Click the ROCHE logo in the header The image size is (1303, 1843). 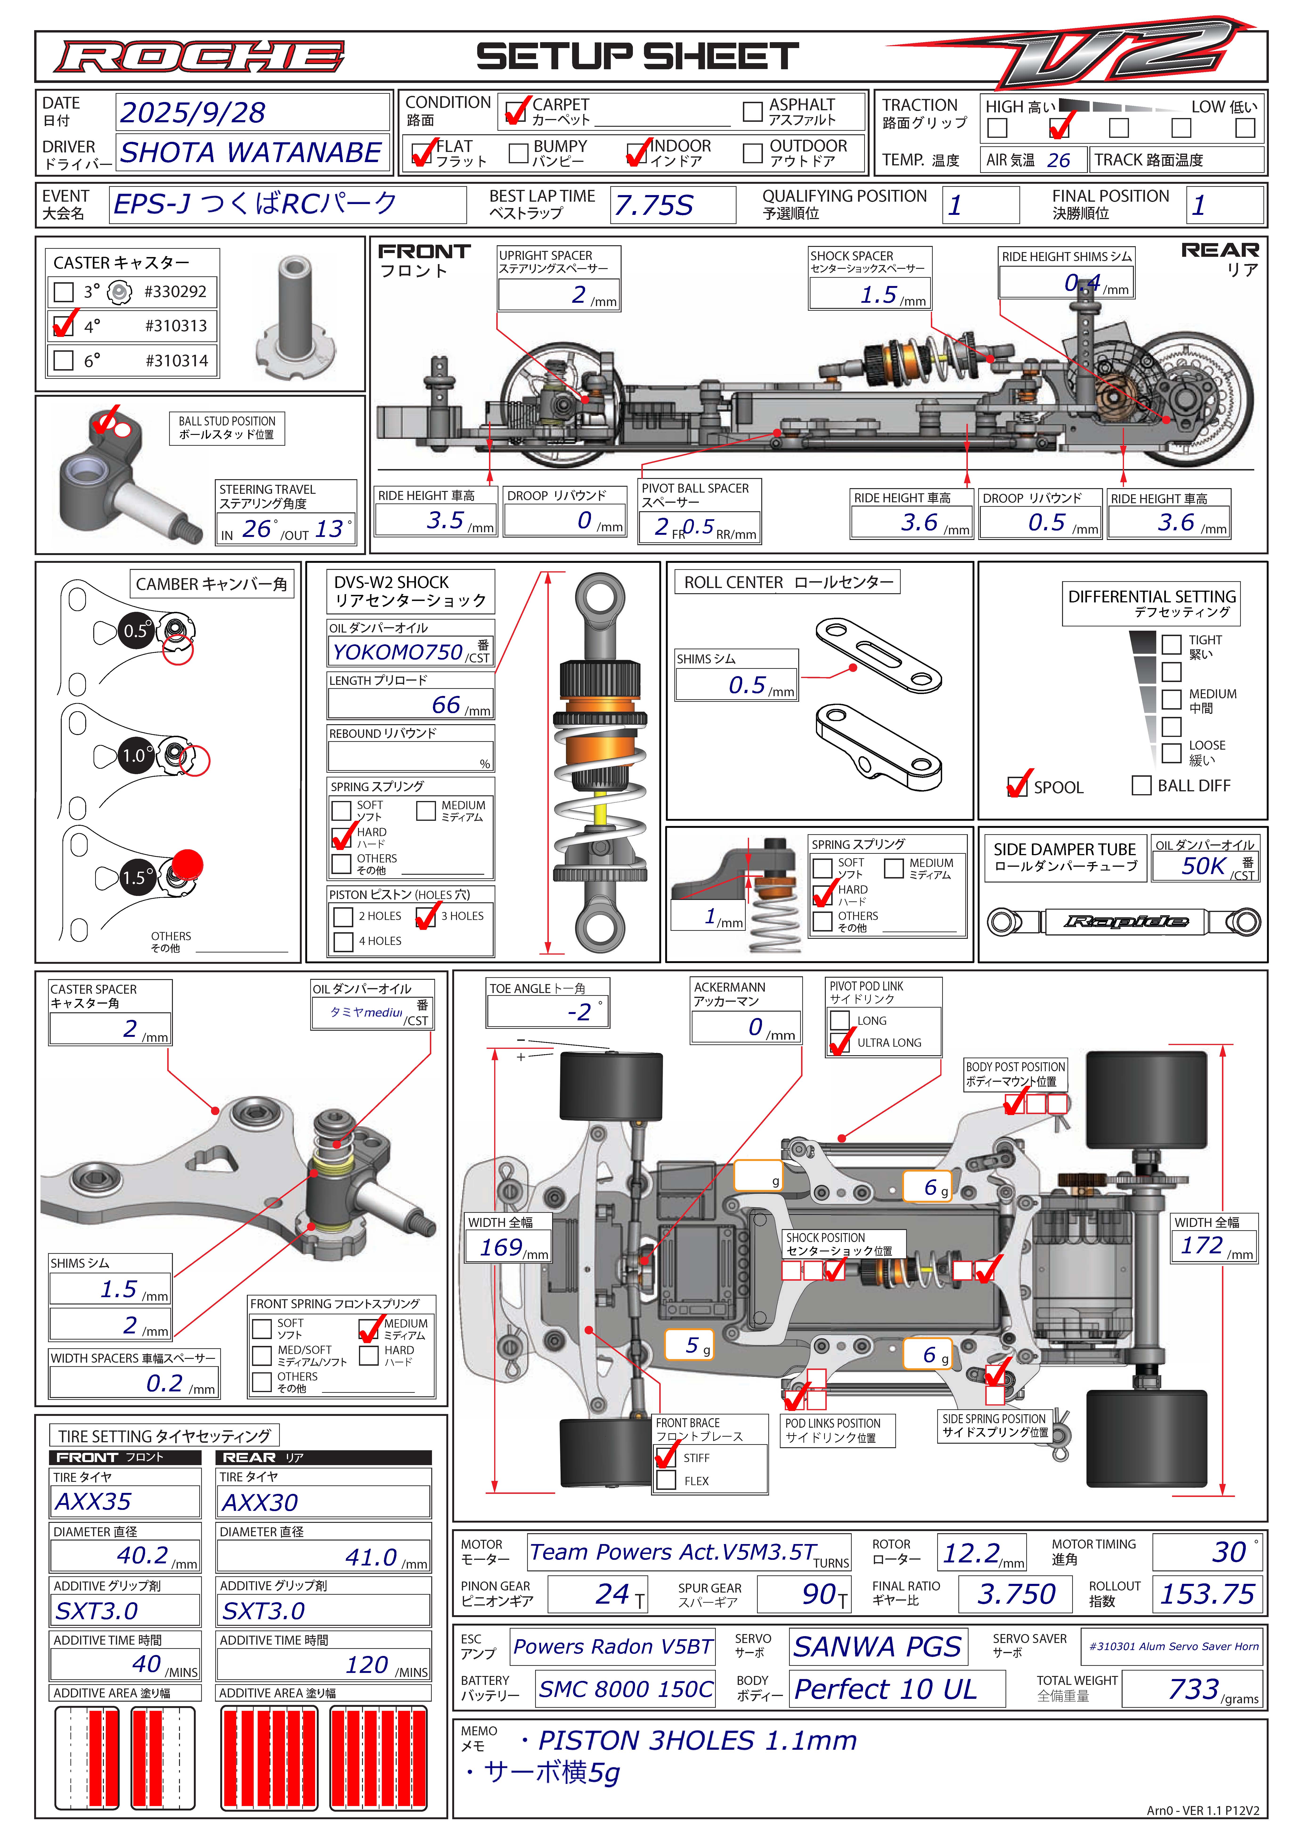pos(199,57)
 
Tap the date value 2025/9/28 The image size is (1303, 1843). pos(193,112)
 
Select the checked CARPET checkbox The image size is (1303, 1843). pos(515,112)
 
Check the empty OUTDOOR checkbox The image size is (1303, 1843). pos(752,152)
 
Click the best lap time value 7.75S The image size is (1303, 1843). pos(654,205)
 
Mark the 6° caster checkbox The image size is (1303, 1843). pos(63,360)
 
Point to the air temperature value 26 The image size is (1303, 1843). pos(1058,160)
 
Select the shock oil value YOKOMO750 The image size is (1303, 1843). pos(398,652)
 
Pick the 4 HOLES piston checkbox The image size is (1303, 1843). pos(343,942)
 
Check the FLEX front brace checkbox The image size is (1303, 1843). pos(666,1481)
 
